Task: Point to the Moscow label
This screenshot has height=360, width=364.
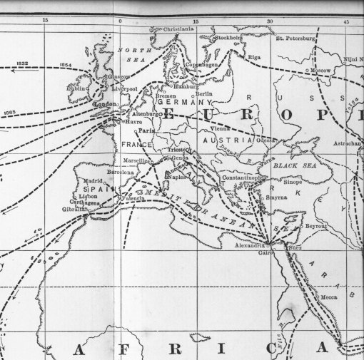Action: (318, 71)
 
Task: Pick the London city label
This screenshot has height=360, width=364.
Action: (105, 104)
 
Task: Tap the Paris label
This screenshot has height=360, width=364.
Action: (147, 131)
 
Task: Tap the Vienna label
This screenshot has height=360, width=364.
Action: (220, 129)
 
